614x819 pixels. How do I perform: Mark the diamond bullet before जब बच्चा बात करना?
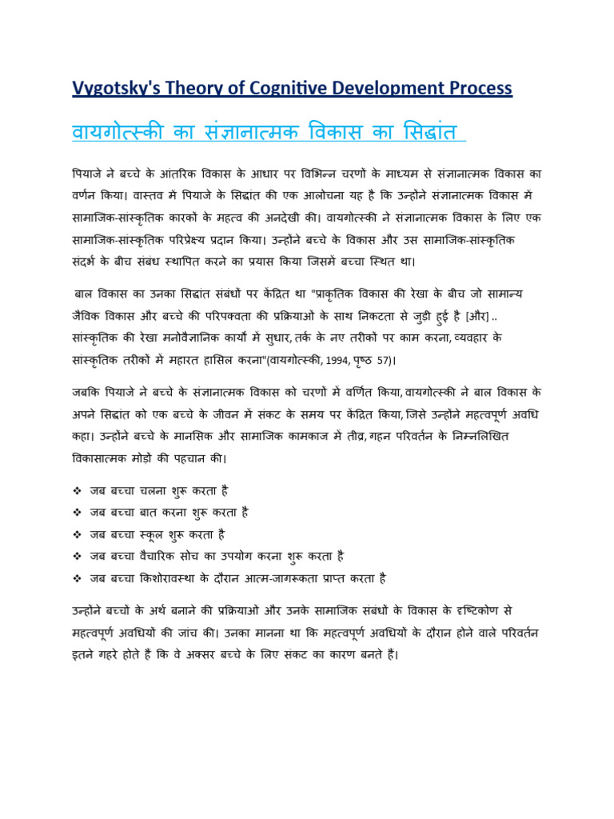[x=77, y=512]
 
